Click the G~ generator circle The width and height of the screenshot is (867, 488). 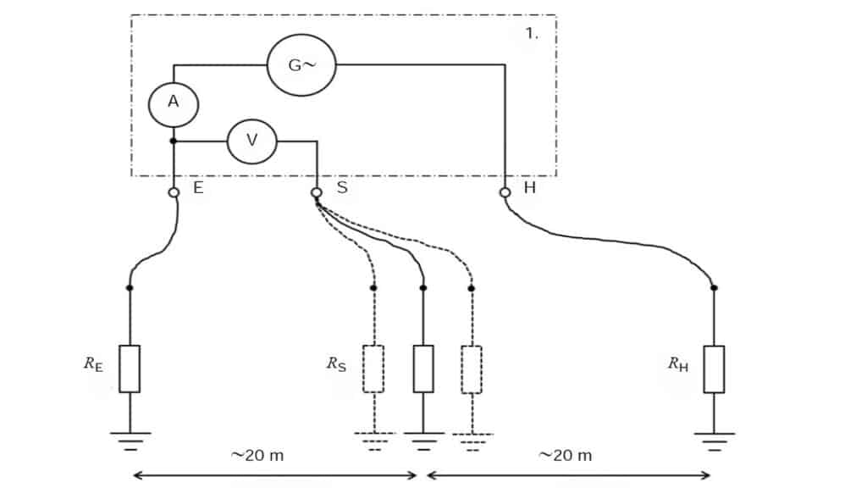(301, 65)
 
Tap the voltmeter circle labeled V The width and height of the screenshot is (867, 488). (251, 141)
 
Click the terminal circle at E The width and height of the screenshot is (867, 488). (174, 192)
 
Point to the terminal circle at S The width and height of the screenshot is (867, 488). (317, 192)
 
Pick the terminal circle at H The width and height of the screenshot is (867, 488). (505, 192)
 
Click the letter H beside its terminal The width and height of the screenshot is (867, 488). (529, 188)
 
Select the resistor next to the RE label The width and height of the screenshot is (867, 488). (130, 369)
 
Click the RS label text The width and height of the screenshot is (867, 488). (336, 365)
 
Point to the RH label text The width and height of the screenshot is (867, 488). (677, 365)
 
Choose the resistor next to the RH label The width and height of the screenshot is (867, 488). (714, 369)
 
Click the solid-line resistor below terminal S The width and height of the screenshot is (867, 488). (423, 369)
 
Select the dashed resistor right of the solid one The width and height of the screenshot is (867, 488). (472, 369)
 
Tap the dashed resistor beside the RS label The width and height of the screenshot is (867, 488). (373, 369)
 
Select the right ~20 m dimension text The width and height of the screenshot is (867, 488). (566, 455)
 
